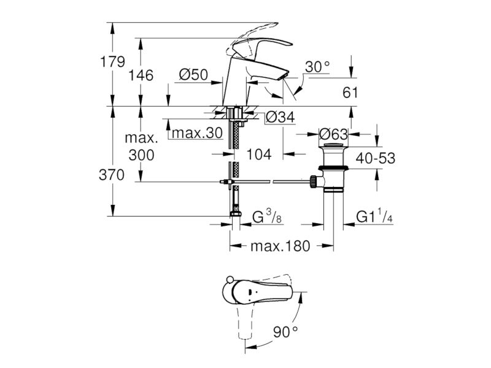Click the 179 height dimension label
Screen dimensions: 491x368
coord(112,62)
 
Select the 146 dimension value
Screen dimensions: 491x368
coord(141,75)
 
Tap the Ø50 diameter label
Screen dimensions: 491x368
coord(193,75)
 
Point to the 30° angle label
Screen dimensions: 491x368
coord(317,67)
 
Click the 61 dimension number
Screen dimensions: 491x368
coord(350,93)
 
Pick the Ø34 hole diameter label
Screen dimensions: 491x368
coord(280,117)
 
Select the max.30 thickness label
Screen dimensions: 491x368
coord(197,132)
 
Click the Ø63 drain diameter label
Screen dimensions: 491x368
coord(333,134)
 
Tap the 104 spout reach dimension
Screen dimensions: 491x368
coord(259,154)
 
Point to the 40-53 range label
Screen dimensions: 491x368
coord(376,158)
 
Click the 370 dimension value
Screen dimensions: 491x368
coord(112,175)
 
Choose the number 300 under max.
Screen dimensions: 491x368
coord(142,155)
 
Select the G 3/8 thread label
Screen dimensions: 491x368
coord(267,218)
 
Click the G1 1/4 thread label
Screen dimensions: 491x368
coord(374,217)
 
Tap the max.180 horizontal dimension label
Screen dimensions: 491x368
coord(280,247)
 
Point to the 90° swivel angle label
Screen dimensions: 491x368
coord(285,332)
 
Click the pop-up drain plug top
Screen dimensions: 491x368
coord(333,145)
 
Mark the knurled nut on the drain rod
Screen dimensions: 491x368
coord(312,182)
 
